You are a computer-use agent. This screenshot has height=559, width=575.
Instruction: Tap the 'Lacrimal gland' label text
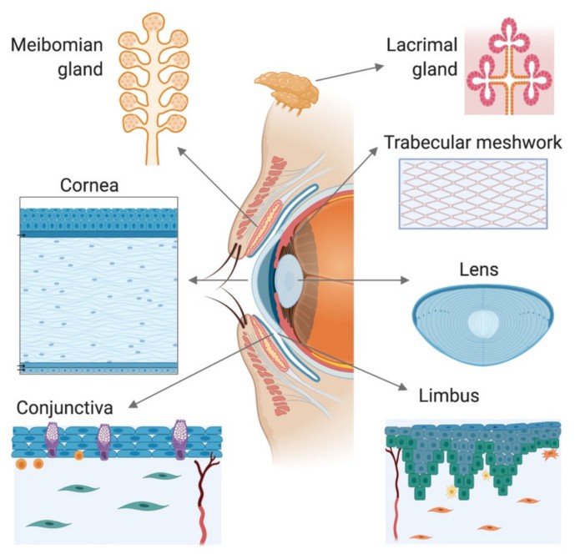click(x=421, y=56)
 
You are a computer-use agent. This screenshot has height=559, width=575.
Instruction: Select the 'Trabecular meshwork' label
click(x=472, y=141)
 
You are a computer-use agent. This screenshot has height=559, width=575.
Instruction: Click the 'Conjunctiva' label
click(x=64, y=408)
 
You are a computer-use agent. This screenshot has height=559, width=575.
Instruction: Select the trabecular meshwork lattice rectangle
click(x=474, y=191)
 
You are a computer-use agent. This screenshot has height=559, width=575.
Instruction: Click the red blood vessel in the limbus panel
click(x=392, y=492)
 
